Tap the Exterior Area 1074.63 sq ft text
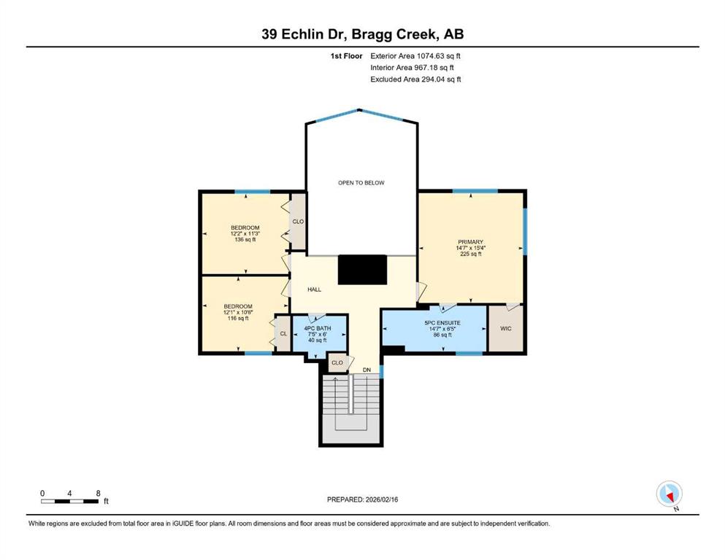415,56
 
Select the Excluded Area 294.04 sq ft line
415,79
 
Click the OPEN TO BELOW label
361,183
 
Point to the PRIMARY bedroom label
471,242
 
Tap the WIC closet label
506,329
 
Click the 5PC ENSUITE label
442,323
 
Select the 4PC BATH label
317,328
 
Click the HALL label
315,289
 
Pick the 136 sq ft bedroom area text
245,240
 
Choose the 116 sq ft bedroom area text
238,318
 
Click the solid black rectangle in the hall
362,270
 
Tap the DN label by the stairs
367,370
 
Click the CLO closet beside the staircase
337,363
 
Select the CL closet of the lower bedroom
283,334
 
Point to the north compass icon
669,494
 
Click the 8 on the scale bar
98,493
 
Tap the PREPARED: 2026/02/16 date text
362,499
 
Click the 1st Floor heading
346,56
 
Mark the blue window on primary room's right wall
525,231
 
